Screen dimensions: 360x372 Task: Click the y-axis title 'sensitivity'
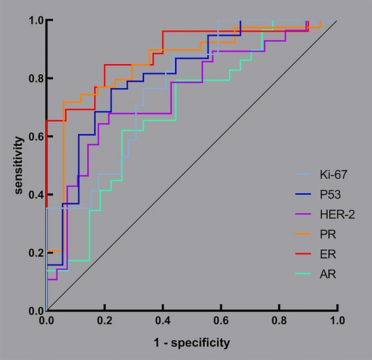[18, 165]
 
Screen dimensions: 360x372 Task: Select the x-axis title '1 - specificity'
[191, 343]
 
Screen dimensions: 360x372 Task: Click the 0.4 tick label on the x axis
[163, 321]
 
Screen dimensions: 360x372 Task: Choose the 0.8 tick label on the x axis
[279, 321]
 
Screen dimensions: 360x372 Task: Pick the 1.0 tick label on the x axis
[337, 321]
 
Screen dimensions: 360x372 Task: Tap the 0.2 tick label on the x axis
[105, 321]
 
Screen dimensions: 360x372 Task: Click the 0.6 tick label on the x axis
[221, 321]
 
